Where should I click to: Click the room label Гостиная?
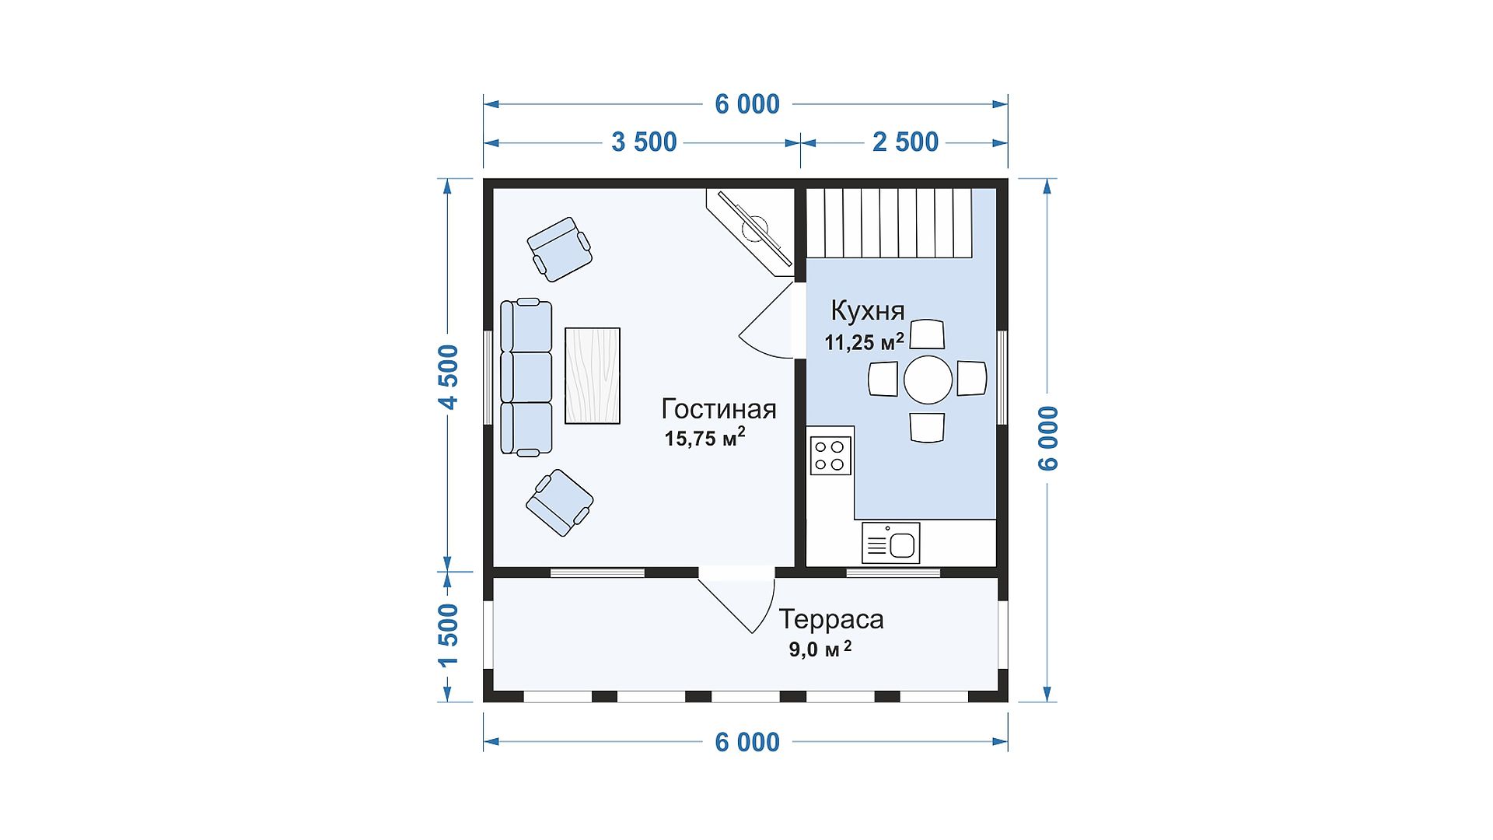click(719, 409)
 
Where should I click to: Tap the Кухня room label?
click(868, 311)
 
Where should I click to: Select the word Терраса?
click(831, 620)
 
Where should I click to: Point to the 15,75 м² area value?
click(705, 437)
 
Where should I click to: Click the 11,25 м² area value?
click(865, 341)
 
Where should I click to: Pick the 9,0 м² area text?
click(820, 649)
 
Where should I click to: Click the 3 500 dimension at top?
click(644, 142)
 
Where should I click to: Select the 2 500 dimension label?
click(905, 142)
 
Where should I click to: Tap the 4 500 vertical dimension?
click(449, 376)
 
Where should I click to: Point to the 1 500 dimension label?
click(449, 635)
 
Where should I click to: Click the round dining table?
click(928, 380)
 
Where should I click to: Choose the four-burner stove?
click(830, 456)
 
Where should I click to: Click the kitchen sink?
click(891, 542)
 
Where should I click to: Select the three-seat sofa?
click(526, 376)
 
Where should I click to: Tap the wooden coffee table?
click(593, 376)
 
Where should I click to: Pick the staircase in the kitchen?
click(890, 223)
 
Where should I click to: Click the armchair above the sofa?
click(559, 249)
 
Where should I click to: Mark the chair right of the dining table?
click(971, 379)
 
